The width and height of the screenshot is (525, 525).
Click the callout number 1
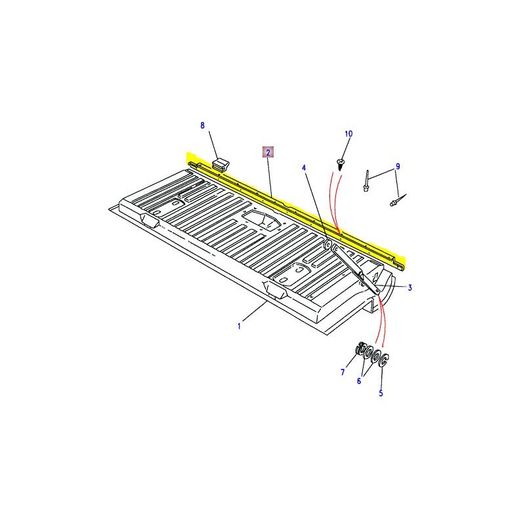coord(239,325)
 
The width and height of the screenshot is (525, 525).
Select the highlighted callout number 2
coord(268,153)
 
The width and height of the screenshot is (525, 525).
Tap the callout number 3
coord(409,287)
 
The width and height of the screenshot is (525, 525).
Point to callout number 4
coord(304,167)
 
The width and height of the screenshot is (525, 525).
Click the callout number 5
coord(381,393)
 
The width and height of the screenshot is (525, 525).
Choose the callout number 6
coord(359,381)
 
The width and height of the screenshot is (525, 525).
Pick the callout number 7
coord(343,372)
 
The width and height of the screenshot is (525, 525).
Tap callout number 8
coord(202,125)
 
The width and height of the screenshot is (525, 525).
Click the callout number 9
coord(398,167)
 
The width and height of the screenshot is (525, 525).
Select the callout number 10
coord(348,134)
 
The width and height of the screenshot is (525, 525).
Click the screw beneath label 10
coord(340,165)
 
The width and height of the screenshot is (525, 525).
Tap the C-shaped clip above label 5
coord(384,360)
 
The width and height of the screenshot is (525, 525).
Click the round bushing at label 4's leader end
coord(327,243)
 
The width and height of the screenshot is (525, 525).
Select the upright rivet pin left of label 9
coord(367,181)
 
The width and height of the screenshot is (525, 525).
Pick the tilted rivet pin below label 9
coord(398,200)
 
